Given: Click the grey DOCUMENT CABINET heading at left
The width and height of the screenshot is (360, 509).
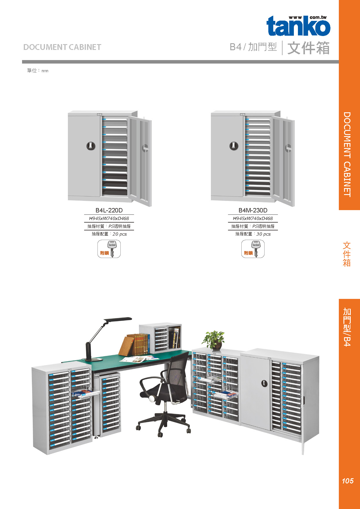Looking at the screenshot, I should [62, 47].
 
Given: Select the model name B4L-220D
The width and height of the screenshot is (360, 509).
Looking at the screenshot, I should [109, 210].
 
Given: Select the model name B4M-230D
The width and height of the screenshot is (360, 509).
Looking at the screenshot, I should [253, 210].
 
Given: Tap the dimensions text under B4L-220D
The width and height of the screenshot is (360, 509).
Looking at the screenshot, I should [109, 218].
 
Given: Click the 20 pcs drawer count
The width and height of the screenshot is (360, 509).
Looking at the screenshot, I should [119, 234].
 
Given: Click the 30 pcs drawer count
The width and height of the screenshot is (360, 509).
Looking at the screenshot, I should [263, 234].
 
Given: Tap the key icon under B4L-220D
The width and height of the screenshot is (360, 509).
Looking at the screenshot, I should [109, 249].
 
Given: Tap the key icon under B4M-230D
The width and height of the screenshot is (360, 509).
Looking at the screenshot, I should [253, 249].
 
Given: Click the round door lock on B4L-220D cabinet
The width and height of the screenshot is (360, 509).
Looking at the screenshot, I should [91, 146].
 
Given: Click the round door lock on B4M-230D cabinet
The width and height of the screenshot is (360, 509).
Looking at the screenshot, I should [234, 146].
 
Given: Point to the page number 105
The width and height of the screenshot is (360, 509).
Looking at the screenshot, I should [348, 481].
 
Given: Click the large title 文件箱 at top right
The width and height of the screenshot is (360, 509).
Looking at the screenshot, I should [308, 48].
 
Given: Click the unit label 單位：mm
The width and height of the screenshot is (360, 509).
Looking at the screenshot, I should [37, 71].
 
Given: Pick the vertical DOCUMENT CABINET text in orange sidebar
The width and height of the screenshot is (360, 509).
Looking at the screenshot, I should [347, 154].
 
